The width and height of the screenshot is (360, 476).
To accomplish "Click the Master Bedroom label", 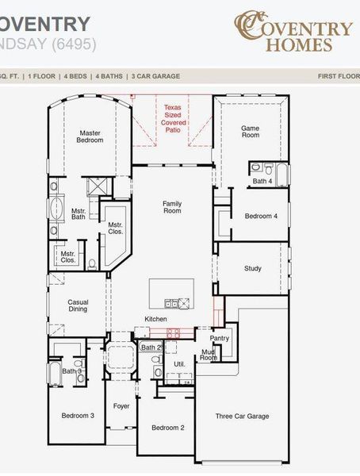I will pyautogui.click(x=90, y=136).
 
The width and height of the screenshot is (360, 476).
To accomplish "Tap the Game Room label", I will pyautogui.click(x=251, y=131).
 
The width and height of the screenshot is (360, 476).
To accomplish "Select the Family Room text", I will pyautogui.click(x=172, y=207).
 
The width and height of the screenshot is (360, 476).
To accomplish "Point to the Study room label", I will pyautogui.click(x=252, y=268).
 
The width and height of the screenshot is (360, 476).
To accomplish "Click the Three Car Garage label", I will pyautogui.click(x=243, y=416).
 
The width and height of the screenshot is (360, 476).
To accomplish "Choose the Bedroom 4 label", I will pyautogui.click(x=261, y=216).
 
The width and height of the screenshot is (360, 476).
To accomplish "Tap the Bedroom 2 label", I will pyautogui.click(x=168, y=428).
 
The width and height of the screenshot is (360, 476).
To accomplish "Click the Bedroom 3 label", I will pyautogui.click(x=78, y=415).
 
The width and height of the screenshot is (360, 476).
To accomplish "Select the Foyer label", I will pyautogui.click(x=121, y=406).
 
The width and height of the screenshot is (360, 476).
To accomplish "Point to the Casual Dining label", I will pyautogui.click(x=78, y=305).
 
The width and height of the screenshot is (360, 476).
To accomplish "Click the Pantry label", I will pyautogui.click(x=220, y=338).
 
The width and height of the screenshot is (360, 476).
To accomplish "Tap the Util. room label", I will pyautogui.click(x=179, y=363).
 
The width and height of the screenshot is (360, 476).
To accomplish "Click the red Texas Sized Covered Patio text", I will pyautogui.click(x=173, y=118).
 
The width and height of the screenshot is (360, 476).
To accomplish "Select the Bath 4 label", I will pyautogui.click(x=262, y=181).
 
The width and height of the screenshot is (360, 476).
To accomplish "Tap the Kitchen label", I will pyautogui.click(x=155, y=319).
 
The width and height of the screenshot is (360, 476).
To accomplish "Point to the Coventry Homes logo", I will pyautogui.click(x=293, y=31).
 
